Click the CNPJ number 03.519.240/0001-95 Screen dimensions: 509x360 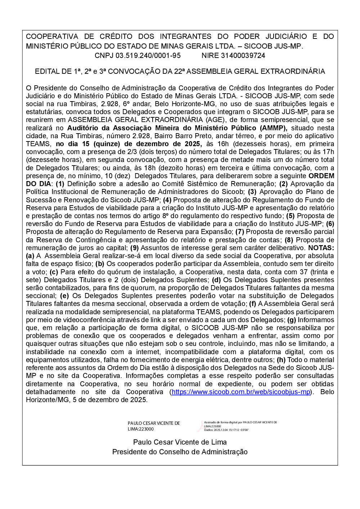tap(148, 55)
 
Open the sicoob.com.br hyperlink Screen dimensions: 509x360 tap(241, 392)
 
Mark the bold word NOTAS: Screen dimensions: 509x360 tap(321, 248)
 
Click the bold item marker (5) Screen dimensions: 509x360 tap(291, 216)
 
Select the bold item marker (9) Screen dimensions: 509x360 tap(134, 248)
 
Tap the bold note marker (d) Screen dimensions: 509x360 tap(216, 280)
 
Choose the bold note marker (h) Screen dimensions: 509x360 tap(281, 360)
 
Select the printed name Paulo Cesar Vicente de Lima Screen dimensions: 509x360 tap(180, 442)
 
